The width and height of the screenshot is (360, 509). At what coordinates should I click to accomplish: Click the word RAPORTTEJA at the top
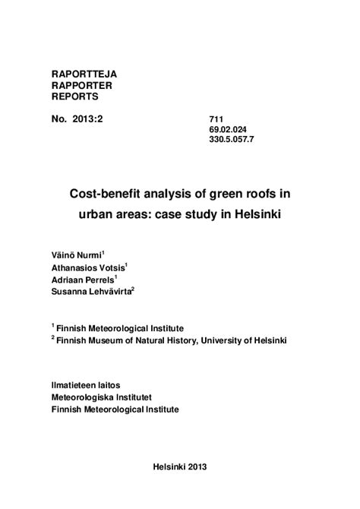[x=84, y=74]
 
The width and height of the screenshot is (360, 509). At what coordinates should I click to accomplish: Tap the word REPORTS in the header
[x=74, y=96]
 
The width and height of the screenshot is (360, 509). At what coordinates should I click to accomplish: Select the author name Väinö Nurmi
[x=75, y=254]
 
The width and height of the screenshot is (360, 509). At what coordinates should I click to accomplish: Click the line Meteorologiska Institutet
[x=103, y=397]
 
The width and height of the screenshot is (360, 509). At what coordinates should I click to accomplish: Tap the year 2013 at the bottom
[x=194, y=467]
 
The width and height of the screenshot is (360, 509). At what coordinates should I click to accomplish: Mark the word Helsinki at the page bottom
[x=166, y=467]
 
